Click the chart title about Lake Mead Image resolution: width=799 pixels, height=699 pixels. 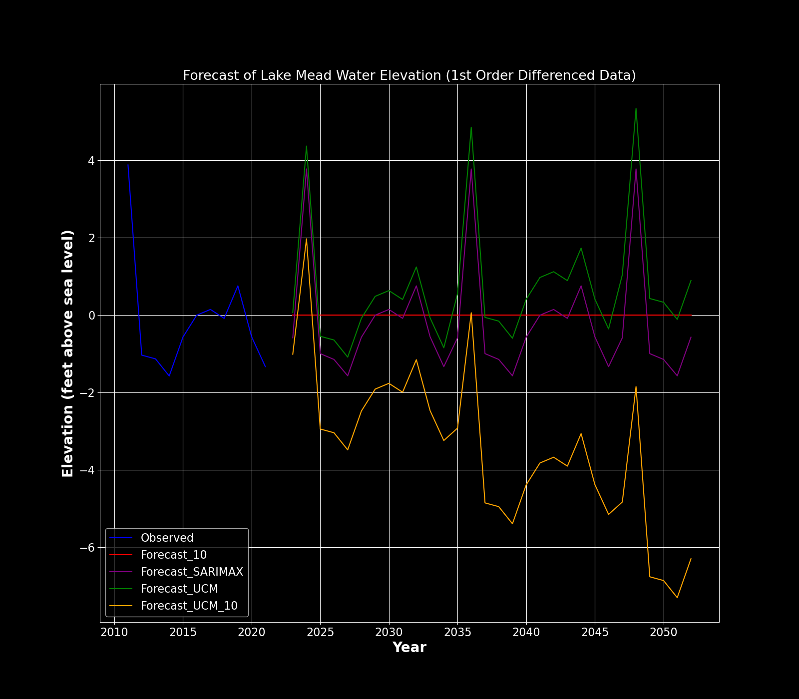409,75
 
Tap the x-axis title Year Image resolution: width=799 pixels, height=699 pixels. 409,648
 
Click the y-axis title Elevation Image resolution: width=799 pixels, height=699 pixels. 68,353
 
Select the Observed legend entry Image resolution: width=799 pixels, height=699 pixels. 167,538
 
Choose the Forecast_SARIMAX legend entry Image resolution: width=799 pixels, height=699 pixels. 192,572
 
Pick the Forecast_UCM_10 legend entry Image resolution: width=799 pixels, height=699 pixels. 189,606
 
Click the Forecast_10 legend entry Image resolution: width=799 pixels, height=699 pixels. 173,555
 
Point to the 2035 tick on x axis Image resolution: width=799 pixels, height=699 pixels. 457,633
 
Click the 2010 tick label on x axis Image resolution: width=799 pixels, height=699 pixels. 114,633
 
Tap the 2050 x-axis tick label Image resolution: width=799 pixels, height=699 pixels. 664,633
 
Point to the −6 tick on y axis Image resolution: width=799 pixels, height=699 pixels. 87,548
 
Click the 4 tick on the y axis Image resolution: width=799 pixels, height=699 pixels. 91,161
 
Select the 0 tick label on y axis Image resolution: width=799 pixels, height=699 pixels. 91,316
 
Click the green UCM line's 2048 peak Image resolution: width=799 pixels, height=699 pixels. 636,108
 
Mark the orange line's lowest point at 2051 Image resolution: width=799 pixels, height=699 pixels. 677,598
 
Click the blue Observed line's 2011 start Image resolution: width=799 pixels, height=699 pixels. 128,165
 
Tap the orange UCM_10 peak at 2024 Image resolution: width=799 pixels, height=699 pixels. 306,238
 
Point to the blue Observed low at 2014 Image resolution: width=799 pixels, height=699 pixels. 169,376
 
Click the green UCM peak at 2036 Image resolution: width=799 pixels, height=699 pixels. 471,127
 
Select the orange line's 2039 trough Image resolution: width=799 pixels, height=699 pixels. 512,524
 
